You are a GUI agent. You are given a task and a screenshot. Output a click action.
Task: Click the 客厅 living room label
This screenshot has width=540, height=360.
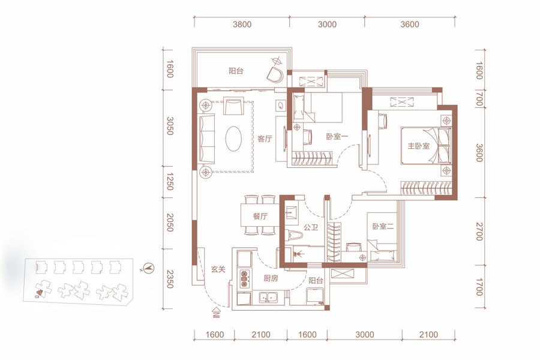[x=265, y=139]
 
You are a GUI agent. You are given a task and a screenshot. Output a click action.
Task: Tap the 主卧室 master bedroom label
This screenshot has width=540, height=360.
[x=418, y=146]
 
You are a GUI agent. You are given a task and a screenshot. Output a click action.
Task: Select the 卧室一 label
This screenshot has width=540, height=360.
[x=337, y=137]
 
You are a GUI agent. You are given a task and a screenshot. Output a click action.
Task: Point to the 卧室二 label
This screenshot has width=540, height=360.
[x=383, y=226]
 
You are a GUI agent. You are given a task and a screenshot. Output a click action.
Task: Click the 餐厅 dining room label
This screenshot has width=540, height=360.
[x=260, y=217]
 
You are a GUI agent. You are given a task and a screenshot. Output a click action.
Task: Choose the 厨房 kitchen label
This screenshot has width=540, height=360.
[x=271, y=278]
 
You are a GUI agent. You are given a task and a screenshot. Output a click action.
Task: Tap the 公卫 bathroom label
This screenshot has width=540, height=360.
[x=311, y=227]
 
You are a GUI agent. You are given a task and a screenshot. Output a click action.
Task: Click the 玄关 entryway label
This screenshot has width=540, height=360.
[x=218, y=269]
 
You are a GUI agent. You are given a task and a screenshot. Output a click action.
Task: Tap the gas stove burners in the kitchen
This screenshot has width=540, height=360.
[x=244, y=278]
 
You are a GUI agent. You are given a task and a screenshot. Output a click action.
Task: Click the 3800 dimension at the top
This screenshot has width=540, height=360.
[x=242, y=25]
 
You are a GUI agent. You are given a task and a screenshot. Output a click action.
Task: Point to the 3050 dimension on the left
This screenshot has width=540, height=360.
[x=170, y=126]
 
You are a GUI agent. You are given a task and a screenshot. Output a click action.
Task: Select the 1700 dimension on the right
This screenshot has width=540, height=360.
[x=479, y=287]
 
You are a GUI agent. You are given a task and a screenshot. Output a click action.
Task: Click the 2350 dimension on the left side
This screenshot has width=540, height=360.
[x=170, y=279]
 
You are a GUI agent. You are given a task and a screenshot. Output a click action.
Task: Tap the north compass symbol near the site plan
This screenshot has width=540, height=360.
[x=149, y=268]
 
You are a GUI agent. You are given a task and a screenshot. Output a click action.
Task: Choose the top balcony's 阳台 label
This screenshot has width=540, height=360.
[x=236, y=71]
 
